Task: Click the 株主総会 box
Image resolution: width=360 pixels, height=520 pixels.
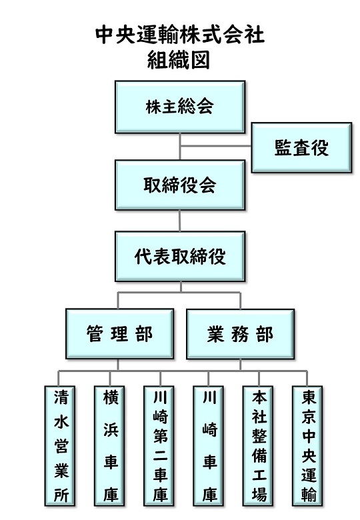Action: tap(180, 107)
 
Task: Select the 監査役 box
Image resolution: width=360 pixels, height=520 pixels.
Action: tap(301, 147)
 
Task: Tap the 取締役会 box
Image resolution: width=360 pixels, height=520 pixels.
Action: tap(180, 185)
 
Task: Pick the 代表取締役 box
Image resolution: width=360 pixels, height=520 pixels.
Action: tap(180, 257)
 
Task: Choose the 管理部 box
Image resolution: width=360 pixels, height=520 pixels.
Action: tap(120, 333)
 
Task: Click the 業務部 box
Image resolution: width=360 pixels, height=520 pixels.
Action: tap(240, 333)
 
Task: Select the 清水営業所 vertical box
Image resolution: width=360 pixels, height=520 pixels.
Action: tap(60, 446)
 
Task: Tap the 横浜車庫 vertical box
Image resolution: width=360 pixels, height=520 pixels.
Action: tap(109, 446)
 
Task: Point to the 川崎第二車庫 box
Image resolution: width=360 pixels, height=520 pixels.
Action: tap(159, 446)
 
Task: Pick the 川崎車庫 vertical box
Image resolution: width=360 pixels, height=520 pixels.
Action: tap(209, 446)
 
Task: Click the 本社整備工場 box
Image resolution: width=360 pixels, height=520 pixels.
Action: tap(258, 446)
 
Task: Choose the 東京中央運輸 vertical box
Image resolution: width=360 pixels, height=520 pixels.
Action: tap(307, 446)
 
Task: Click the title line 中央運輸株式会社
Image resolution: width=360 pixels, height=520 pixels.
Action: tap(180, 35)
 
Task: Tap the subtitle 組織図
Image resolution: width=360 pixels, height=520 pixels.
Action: tap(179, 60)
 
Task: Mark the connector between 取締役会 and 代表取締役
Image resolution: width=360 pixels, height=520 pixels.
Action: tap(180, 221)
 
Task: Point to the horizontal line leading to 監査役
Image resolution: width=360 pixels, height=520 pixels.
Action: tap(215, 145)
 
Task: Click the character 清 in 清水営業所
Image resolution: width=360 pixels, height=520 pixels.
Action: tap(61, 397)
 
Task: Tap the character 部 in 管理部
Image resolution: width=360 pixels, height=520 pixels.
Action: tap(144, 334)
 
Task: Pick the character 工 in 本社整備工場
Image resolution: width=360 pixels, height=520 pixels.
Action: tap(259, 474)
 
